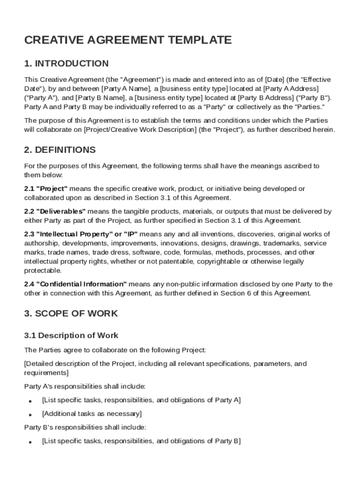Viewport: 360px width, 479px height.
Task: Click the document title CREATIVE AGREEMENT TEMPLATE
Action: point(128,40)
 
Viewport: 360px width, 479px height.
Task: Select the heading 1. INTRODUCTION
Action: point(66,64)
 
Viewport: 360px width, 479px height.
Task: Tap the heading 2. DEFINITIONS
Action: point(60,150)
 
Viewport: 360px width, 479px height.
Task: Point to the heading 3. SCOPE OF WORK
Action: point(71,313)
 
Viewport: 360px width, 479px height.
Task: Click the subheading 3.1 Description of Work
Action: point(71,335)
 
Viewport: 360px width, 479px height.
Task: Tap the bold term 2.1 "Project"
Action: point(46,189)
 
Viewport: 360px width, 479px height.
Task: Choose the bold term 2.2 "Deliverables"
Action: point(55,211)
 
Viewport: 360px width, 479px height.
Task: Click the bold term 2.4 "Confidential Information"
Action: point(75,284)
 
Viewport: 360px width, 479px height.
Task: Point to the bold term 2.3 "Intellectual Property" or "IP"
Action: point(81,234)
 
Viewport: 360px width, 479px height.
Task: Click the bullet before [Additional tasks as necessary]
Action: point(30,415)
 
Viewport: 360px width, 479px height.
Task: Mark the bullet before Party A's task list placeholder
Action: point(30,401)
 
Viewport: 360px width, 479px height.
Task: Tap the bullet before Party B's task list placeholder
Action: point(30,442)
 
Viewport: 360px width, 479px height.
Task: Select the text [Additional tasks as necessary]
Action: point(92,414)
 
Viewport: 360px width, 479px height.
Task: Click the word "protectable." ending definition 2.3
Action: point(43,271)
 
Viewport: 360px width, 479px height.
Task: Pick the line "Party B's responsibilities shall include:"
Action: point(85,427)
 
